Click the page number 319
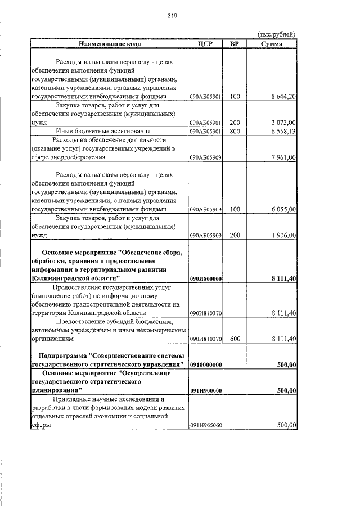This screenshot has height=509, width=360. [172, 16]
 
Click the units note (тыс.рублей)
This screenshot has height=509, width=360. [276, 35]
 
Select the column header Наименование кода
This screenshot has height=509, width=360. [110, 44]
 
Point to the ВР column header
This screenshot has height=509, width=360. [235, 44]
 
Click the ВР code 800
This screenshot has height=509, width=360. [235, 131]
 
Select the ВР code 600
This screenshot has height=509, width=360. [235, 339]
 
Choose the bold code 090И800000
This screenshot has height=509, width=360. [205, 278]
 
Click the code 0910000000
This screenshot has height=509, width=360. [205, 365]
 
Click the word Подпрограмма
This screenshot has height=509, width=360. [63, 355]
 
